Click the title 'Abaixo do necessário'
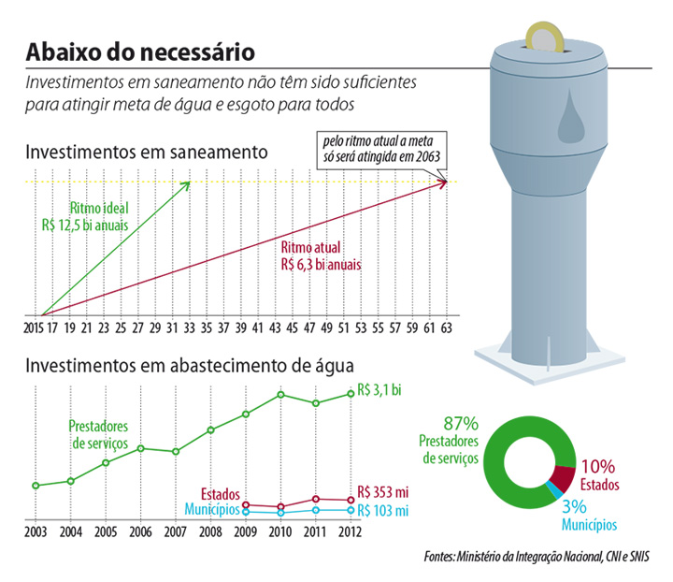pos(137,50)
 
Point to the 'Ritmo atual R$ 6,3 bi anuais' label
pos(321,256)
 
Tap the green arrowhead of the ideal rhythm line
pos(187,183)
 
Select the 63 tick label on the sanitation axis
pos(447,329)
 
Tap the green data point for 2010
pos(280,395)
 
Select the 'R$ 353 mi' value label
pos(383,492)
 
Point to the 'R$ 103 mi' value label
pos(383,511)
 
